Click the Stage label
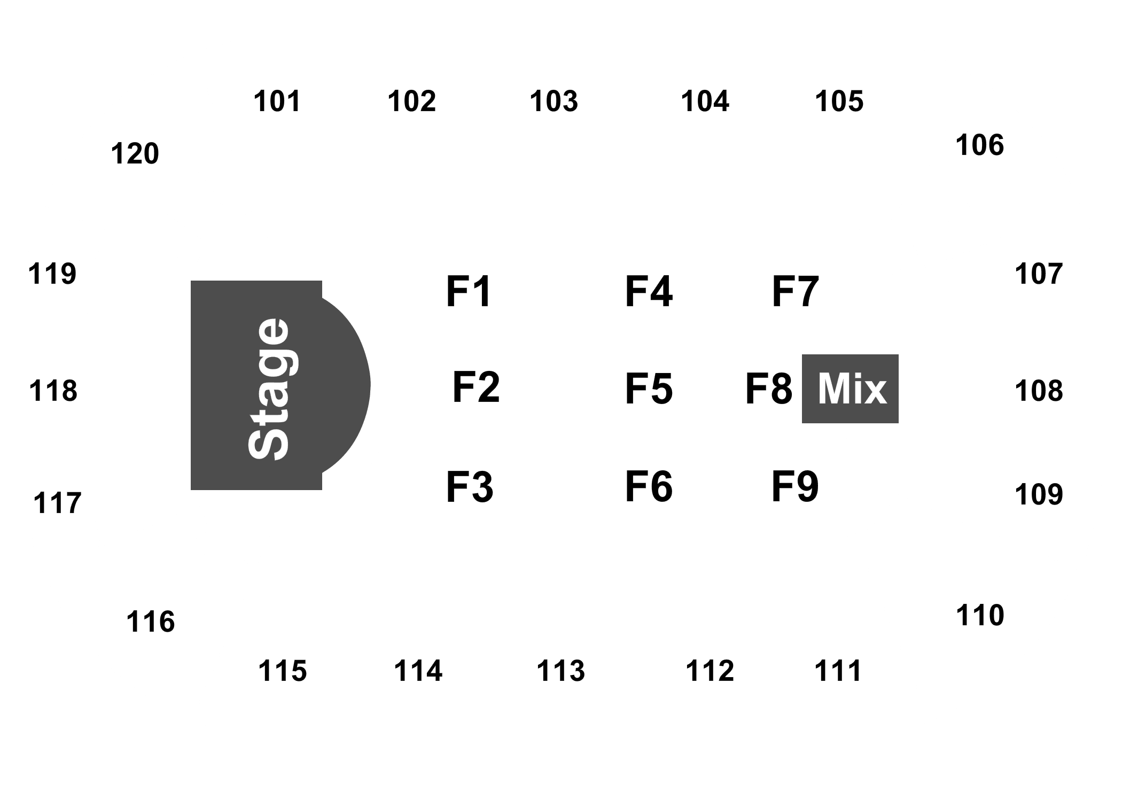coord(269,389)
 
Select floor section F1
coord(469,292)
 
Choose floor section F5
coord(649,389)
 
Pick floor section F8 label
coord(768,389)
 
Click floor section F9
coord(794,486)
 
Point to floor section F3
coord(470,486)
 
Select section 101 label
coord(277,101)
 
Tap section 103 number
coord(554,101)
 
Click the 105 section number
coord(838,101)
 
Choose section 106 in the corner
coord(979,145)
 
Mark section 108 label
coord(1039,391)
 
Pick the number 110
coord(979,615)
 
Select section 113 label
coord(560,671)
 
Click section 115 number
coord(282,671)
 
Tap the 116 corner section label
coord(150,622)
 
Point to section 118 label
coord(53,391)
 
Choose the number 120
coord(135,154)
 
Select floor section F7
coord(794,292)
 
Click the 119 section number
coord(52,274)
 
